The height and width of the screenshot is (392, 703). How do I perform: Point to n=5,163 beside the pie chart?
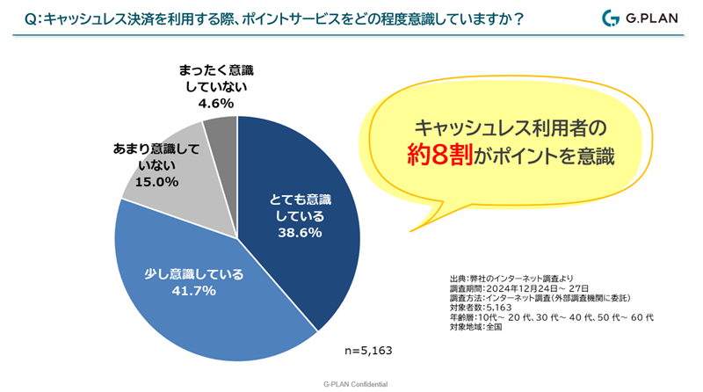(x=367, y=350)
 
